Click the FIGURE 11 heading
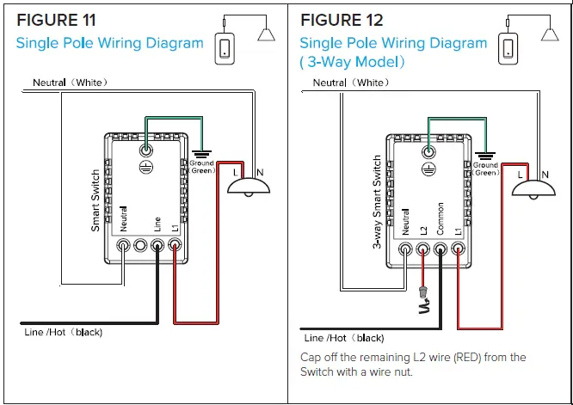(55, 19)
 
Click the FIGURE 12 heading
(342, 20)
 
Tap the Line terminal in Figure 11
(157, 247)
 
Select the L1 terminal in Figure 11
(175, 247)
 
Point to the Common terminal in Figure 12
(441, 249)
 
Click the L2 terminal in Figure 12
(423, 249)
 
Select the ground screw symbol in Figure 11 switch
(146, 147)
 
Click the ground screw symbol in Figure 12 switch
(429, 151)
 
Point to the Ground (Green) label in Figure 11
(201, 167)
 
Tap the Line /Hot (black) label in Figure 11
(63, 332)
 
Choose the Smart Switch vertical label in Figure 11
(95, 199)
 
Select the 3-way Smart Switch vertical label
(378, 202)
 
